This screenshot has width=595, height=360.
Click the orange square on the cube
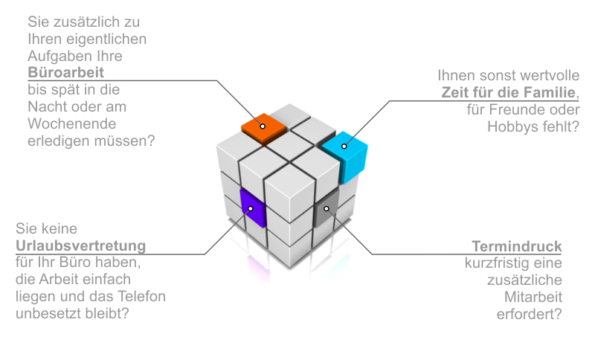pos(263,127)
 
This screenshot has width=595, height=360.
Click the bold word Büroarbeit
pos(65,72)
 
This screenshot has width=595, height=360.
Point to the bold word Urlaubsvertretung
pos(80,245)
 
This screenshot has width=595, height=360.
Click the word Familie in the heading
pos(550,93)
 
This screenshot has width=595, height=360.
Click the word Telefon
pos(143,297)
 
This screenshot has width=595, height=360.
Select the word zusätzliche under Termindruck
pos(524,280)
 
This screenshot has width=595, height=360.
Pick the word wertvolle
pos(544,76)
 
